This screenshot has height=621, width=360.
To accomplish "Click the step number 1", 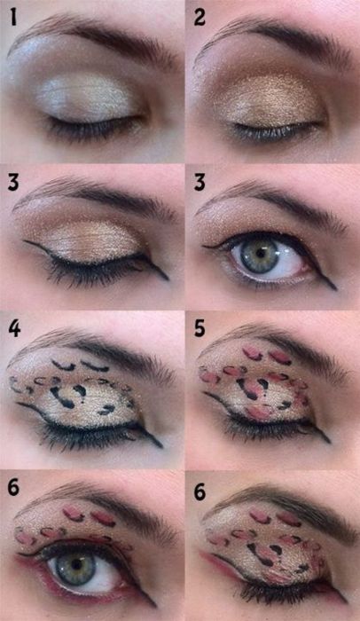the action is coord(13,18).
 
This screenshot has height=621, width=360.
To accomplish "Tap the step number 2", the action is coord(200,19).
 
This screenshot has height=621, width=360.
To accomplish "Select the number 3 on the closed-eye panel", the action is coord(13,183).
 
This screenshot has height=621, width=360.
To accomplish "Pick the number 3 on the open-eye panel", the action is coord(200,183).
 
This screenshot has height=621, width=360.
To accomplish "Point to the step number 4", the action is coord(14,329).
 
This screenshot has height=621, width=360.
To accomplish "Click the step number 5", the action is coord(200,329).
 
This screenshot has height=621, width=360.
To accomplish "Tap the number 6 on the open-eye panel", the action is coord(13,488).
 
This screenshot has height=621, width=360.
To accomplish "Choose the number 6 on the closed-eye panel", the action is coord(200,492).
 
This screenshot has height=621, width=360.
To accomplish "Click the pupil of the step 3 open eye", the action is coord(260,254).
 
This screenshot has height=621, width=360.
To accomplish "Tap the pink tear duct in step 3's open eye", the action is coord(306,269).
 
